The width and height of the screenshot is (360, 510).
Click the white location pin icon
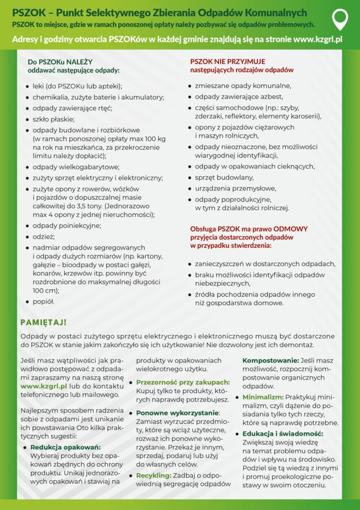[x=340, y=19]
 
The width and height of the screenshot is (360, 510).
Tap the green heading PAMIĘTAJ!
[x=44, y=322]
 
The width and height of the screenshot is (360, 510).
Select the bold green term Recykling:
[x=153, y=475]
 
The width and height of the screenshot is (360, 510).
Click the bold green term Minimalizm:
[x=263, y=397]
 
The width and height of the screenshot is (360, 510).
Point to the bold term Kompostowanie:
[x=271, y=360]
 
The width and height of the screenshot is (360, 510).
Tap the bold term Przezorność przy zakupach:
[x=183, y=382]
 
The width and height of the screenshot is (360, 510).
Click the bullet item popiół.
[x=44, y=302]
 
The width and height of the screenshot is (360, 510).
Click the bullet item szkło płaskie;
[x=53, y=119]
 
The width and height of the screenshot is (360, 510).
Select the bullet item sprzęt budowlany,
[x=224, y=177]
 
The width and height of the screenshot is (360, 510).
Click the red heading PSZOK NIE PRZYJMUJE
[x=227, y=61]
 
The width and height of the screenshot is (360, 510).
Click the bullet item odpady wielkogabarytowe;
[x=76, y=167]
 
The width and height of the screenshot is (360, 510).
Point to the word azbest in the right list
[x=271, y=97]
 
